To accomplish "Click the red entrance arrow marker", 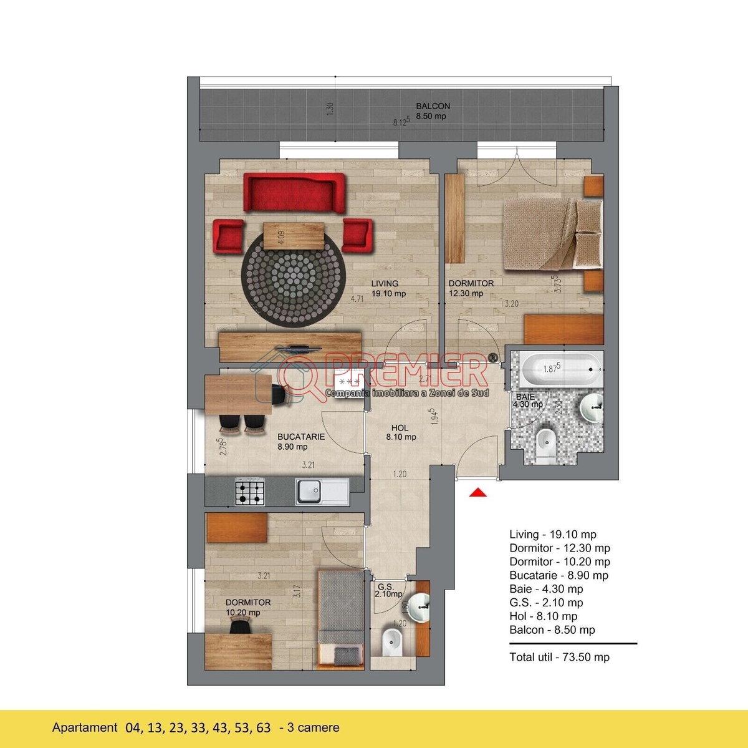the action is [478, 492].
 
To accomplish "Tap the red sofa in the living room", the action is [294, 193].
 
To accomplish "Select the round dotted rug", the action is [293, 279].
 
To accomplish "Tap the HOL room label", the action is [400, 428].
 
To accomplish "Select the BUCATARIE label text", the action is [301, 436].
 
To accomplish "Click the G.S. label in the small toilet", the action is [385, 586].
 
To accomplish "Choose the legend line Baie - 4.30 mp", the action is [546, 589].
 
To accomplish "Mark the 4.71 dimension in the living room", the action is [357, 299].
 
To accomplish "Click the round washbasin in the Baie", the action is [592, 407].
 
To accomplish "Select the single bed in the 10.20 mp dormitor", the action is [341, 621].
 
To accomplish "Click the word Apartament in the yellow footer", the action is [85, 727].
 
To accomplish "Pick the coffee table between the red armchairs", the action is [294, 235].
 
